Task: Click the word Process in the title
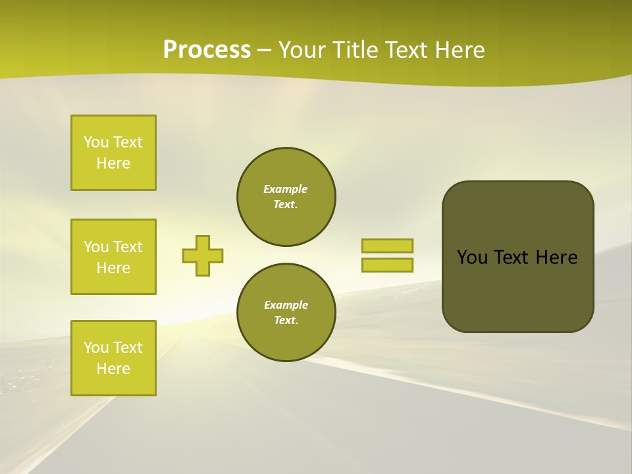coord(207,50)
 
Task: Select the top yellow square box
coord(113,153)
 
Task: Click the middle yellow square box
coord(113,257)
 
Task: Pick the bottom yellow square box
coord(113,358)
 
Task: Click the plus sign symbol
coord(203,255)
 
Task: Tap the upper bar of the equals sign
coord(387,246)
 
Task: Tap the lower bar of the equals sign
coord(387,265)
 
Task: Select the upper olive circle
coord(286,197)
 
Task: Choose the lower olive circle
coord(286,313)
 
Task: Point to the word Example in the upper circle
coord(285,190)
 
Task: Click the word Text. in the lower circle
coord(286,321)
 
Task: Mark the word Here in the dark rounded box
coord(556,257)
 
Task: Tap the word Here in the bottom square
coord(113,369)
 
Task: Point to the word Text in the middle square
coord(128,247)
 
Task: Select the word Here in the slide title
coord(460,50)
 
